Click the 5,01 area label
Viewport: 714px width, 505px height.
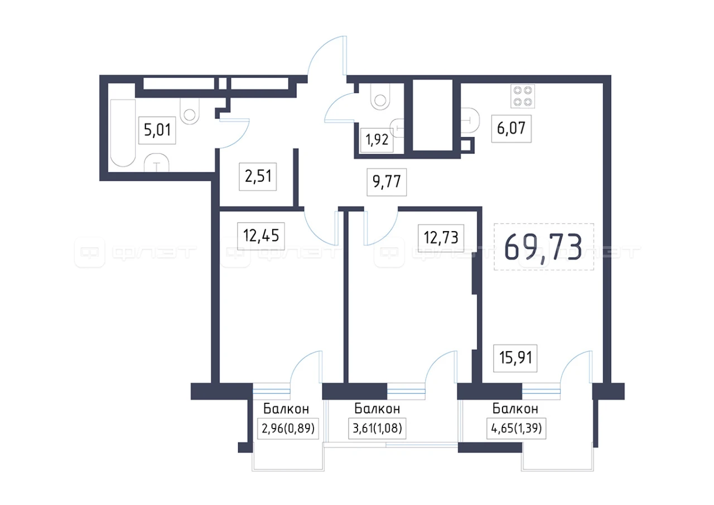tap(157, 131)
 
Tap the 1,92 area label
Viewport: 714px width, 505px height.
tap(377, 140)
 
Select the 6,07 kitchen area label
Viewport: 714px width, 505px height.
tap(512, 128)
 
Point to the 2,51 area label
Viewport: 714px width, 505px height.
tap(258, 177)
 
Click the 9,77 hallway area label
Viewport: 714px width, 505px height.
tap(387, 182)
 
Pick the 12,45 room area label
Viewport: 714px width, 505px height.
tap(261, 236)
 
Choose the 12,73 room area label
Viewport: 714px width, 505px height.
tap(441, 238)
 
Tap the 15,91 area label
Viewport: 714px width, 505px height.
tap(515, 358)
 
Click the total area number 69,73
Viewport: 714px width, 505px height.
tap(543, 247)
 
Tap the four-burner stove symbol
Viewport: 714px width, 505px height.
tap(523, 97)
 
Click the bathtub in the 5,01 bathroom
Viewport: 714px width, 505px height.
tap(123, 133)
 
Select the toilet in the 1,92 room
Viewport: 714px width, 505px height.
tap(380, 97)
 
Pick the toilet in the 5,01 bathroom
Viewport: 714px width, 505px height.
tap(190, 111)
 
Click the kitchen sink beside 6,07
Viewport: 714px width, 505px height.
tap(470, 121)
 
